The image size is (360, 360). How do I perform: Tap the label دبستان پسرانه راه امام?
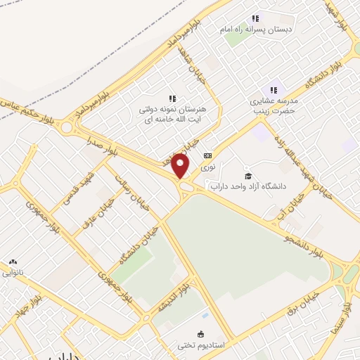point(256,30)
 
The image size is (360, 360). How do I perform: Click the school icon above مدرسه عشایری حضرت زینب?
point(274,90)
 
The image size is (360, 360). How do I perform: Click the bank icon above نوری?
point(207,156)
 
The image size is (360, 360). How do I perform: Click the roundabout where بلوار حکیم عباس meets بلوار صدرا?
point(67,127)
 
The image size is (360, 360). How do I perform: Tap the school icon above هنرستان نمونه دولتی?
point(172,99)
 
